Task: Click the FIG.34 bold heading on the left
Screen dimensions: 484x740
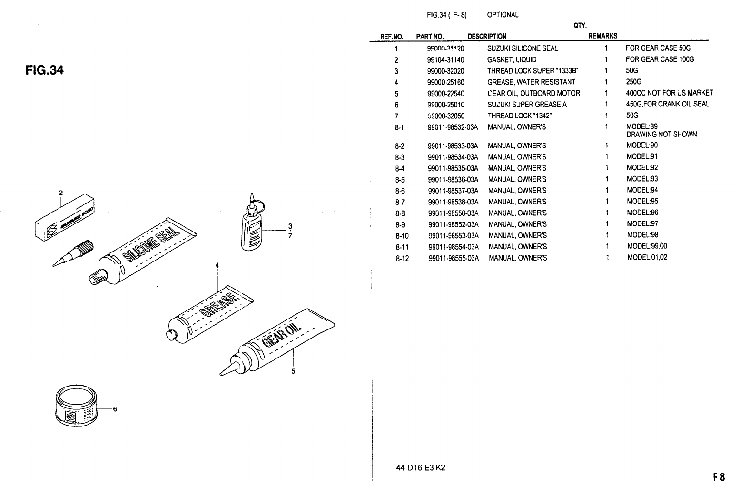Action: (x=44, y=71)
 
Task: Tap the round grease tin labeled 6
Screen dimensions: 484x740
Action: (x=76, y=407)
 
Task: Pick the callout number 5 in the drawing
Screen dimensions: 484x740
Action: (x=293, y=371)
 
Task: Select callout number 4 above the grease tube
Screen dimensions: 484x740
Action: (x=217, y=265)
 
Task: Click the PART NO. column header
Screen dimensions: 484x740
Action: (x=430, y=36)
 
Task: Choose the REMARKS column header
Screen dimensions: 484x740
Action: (x=602, y=36)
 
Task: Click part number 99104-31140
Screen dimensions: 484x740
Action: (x=445, y=59)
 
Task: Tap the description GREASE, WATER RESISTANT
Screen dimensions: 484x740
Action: (x=531, y=82)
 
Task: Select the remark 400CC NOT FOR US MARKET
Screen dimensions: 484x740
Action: (x=669, y=93)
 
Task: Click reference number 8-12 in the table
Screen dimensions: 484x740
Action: (x=402, y=258)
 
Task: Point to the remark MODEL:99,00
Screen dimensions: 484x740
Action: (x=647, y=246)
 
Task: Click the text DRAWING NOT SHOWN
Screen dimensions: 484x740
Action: (x=661, y=135)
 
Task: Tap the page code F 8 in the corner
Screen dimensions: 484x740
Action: (x=719, y=476)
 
